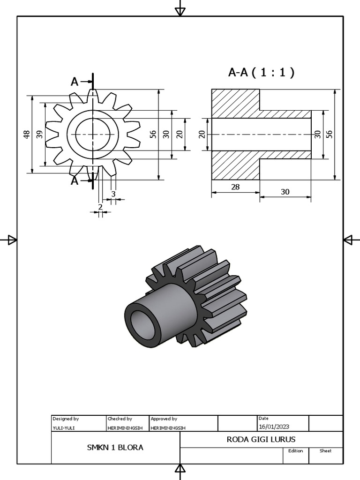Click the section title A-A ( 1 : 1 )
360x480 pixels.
(x=261, y=72)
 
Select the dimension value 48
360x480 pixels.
(x=27, y=135)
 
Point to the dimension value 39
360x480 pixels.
(x=40, y=135)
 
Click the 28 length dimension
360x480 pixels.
(x=235, y=187)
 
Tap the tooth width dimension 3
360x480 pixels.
(x=113, y=194)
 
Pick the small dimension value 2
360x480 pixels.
(x=100, y=207)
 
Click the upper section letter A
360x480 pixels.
(x=75, y=82)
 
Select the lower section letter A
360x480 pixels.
(x=75, y=180)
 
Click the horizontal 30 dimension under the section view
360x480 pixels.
(x=285, y=192)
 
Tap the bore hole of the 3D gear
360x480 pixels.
(x=142, y=325)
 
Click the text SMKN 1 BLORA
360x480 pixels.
(x=115, y=447)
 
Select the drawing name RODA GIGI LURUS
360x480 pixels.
(x=261, y=439)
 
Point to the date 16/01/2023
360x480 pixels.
(x=274, y=427)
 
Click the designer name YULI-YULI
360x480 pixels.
(x=63, y=427)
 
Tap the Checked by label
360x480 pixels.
(x=120, y=419)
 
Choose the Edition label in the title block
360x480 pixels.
(x=295, y=451)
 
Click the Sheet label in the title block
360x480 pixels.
(x=325, y=451)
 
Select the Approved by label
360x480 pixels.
(x=164, y=419)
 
